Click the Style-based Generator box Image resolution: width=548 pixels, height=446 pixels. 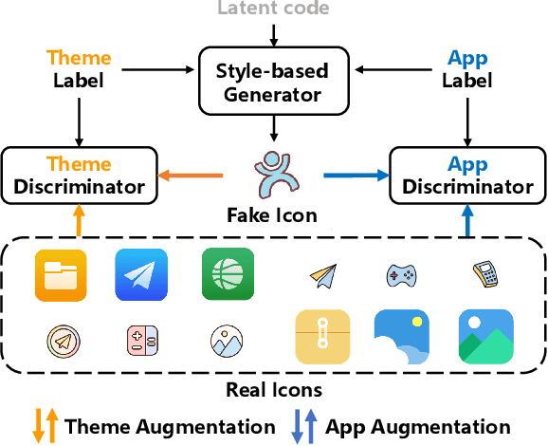[274, 83]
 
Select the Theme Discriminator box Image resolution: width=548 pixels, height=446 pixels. [80, 175]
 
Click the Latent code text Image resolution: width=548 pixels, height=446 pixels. [274, 9]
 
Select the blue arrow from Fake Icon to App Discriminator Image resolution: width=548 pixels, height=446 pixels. [356, 175]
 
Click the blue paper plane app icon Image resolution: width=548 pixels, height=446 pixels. [141, 274]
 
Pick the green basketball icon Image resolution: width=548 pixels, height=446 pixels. [228, 274]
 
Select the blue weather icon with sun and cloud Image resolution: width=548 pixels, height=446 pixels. [403, 337]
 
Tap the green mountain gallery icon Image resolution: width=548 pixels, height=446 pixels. [485, 337]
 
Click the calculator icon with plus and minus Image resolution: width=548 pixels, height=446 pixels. [141, 340]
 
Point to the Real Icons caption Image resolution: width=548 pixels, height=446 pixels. [273, 390]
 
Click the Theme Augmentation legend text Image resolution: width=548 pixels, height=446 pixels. [170, 426]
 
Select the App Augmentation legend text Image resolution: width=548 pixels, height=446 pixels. [418, 426]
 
